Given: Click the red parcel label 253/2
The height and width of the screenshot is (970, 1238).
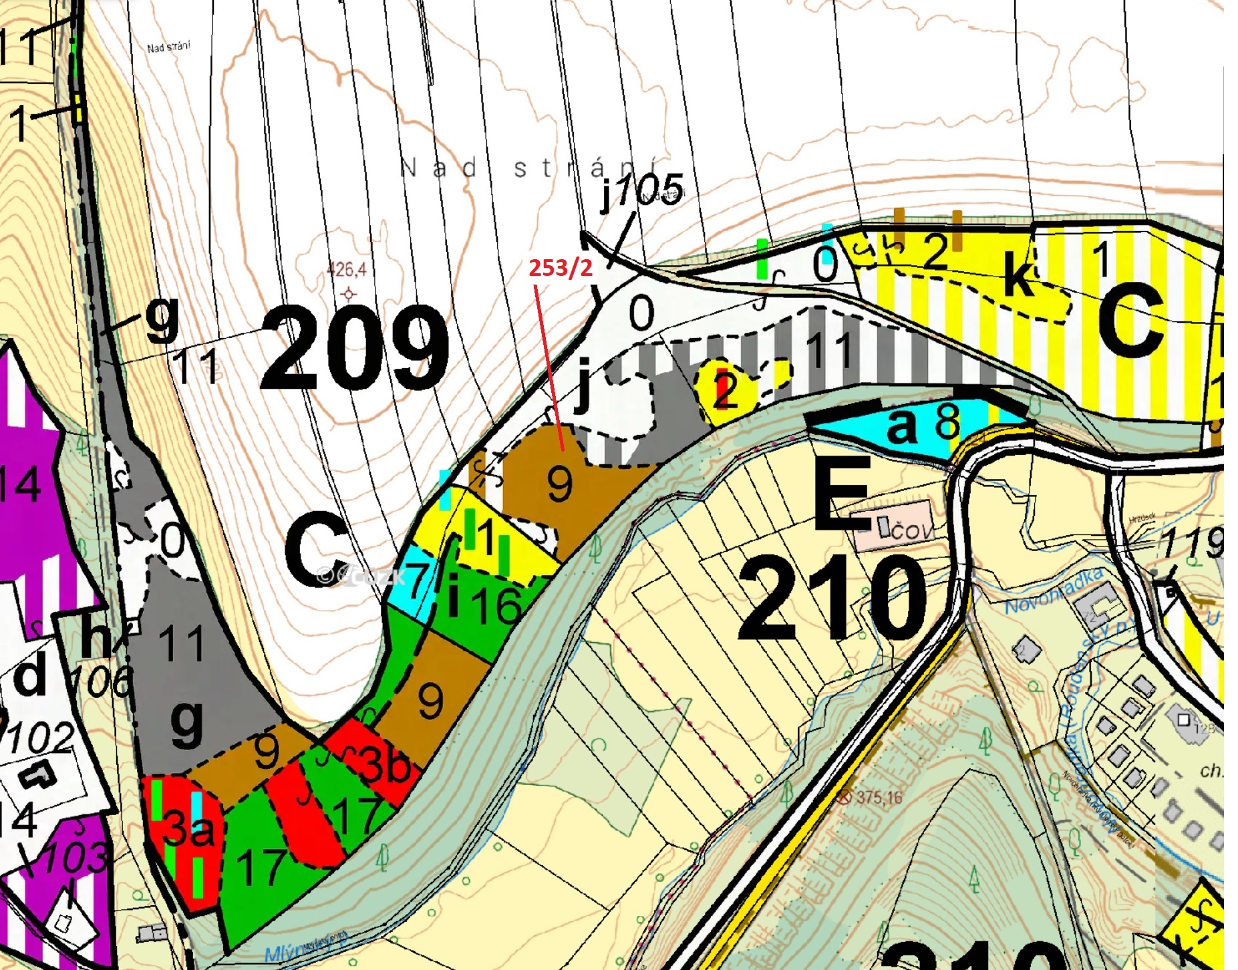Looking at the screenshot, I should pos(560,268).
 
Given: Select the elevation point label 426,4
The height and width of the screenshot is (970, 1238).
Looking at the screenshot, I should pos(346,270).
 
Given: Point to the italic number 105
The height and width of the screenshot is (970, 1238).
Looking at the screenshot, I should pos(649,190).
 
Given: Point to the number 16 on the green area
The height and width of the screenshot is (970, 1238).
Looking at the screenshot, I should pos(496,605).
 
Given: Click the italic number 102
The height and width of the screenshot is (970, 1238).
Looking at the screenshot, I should pos(40,738).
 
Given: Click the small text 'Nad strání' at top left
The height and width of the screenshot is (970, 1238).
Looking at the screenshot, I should pos(168,47).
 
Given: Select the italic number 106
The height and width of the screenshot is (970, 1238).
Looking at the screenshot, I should pos(100,682).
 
